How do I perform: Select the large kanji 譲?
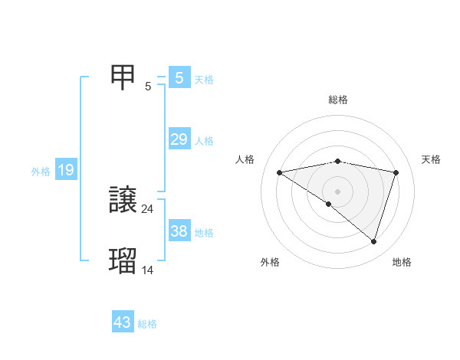pos(123,201)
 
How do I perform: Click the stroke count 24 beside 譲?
pos(148,208)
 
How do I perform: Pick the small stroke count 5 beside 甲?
pos(148,86)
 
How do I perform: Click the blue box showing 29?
pos(179,139)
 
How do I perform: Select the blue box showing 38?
pos(179,231)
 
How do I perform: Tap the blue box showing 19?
pos(65,170)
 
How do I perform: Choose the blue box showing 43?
pos(123,322)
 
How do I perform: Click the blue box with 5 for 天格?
pos(179,78)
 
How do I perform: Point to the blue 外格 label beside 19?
pos(41,172)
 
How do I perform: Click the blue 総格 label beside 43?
pos(147,324)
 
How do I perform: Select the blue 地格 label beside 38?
pos(204,233)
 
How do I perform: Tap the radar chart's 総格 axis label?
pos(338,100)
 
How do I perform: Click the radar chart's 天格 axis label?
pos(432,159)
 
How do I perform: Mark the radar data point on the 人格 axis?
pos(280,172)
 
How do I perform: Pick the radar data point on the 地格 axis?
pos(374,241)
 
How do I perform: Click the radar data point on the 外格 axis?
pos(329,204)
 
